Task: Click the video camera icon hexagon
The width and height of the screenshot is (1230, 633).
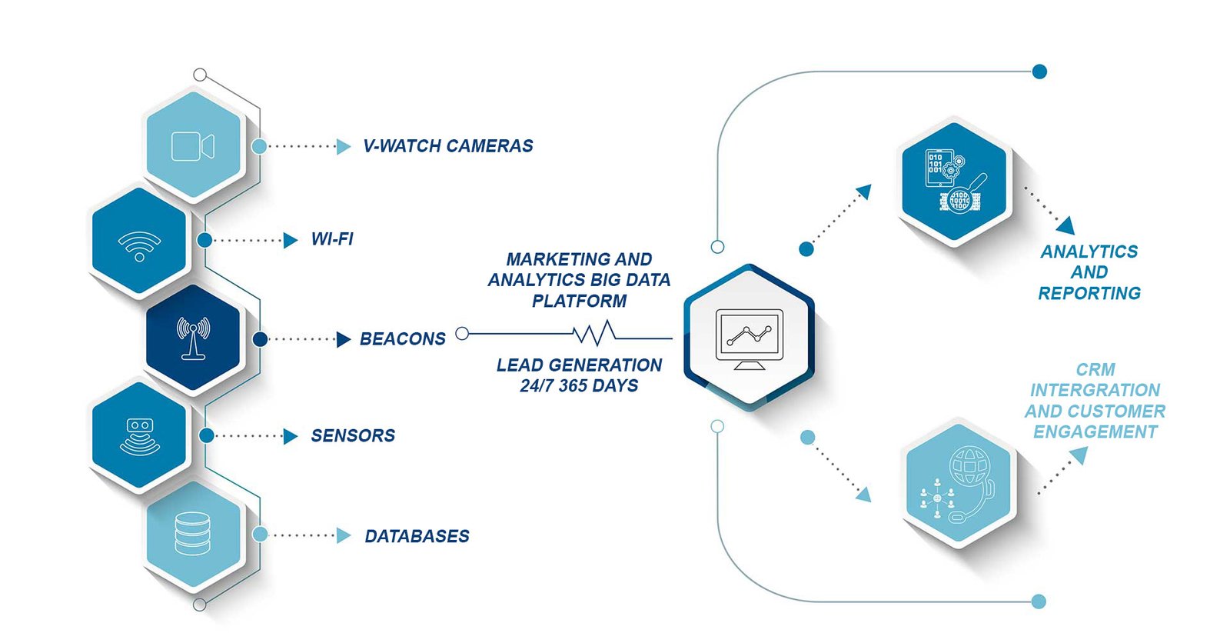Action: click(193, 146)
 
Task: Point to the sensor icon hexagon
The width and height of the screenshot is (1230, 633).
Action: click(139, 436)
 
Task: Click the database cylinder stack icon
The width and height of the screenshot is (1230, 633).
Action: click(192, 534)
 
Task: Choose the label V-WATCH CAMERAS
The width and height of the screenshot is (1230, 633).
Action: click(447, 146)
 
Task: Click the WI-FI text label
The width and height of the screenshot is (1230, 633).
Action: click(332, 239)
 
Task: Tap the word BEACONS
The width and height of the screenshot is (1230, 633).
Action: click(402, 339)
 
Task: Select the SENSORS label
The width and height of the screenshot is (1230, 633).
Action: click(353, 436)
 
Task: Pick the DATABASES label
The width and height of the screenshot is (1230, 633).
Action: click(417, 536)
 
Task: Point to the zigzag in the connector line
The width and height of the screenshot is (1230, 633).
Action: click(596, 334)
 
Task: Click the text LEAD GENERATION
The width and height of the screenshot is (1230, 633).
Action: click(579, 365)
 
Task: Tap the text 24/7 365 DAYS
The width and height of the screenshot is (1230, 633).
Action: click(579, 386)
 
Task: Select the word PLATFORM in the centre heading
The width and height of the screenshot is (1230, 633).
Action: click(579, 301)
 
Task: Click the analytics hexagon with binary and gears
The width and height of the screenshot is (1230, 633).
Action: click(954, 182)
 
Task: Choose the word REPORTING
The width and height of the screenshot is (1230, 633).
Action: click(1089, 293)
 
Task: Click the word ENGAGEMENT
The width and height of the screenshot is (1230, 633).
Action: click(1095, 432)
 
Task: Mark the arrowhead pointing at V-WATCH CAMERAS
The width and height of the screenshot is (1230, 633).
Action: click(344, 146)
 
